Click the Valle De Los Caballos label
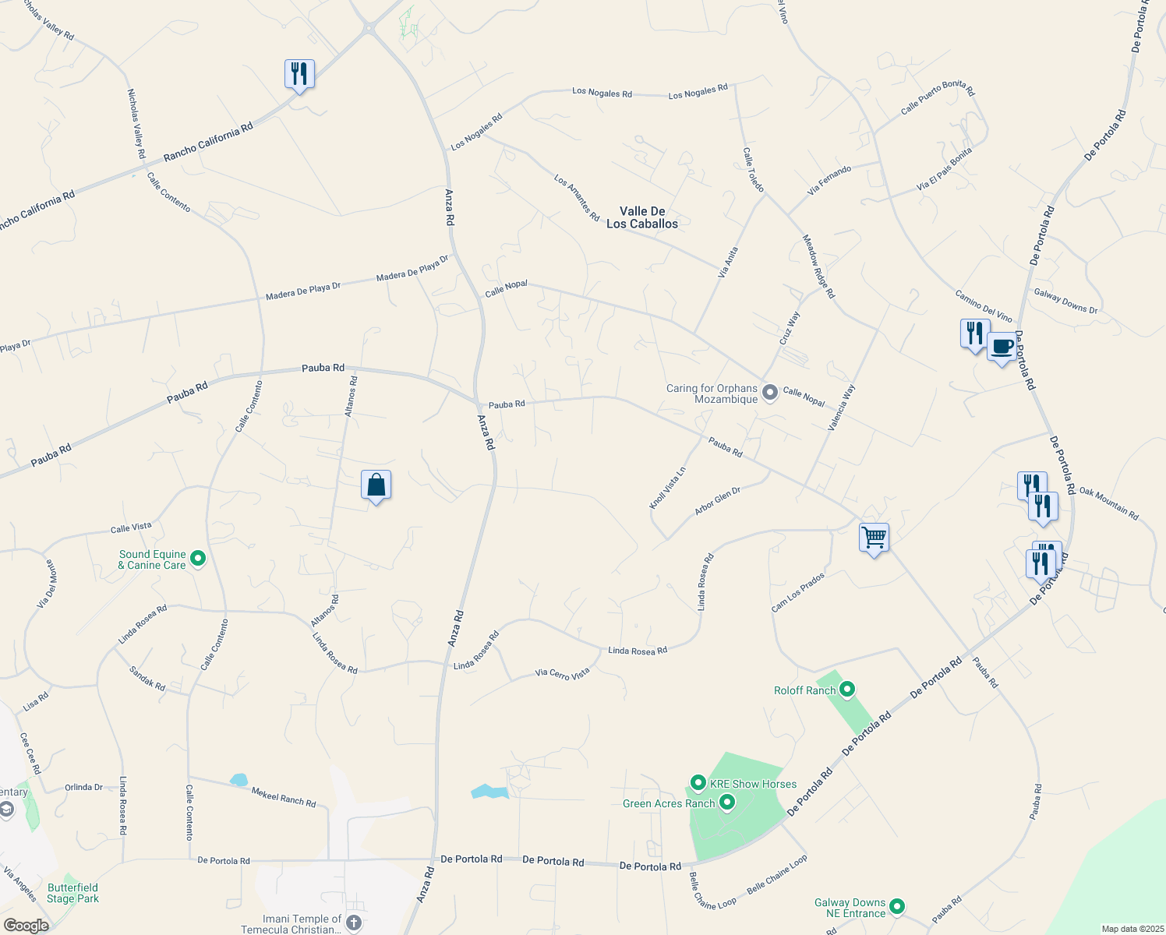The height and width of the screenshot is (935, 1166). [x=642, y=217]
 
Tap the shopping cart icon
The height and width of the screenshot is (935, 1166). [x=874, y=537]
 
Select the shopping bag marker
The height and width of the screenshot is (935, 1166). [x=376, y=485]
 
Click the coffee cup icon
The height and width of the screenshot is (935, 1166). [x=1002, y=347]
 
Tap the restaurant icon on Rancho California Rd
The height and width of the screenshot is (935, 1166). [x=299, y=74]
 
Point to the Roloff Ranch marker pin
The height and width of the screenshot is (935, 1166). [x=848, y=690]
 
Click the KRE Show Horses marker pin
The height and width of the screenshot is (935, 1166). [x=698, y=782]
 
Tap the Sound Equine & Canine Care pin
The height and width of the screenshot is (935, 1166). [x=198, y=558]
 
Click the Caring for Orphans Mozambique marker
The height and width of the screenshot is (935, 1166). [x=770, y=392]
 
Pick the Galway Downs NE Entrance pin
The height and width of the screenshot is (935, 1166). [x=897, y=906]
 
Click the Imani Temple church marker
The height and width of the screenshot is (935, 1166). [x=354, y=923]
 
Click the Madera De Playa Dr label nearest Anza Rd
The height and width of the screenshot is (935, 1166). [x=412, y=268]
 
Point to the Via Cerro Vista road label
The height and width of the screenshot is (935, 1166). [x=562, y=674]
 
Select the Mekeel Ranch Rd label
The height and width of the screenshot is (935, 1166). [x=284, y=797]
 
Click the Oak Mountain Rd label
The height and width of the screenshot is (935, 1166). [x=1109, y=503]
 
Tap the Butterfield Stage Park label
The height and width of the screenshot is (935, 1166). [x=72, y=893]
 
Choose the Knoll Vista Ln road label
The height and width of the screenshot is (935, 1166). [x=668, y=489]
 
